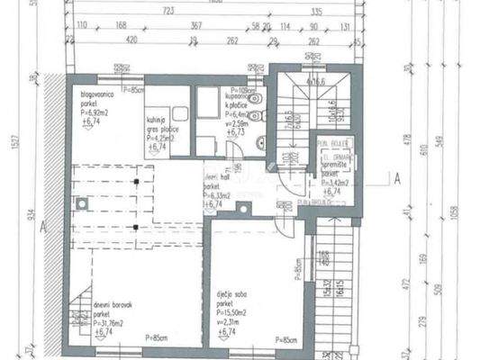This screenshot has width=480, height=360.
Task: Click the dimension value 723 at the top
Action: point(167,12)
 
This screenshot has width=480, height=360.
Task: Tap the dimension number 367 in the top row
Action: point(195,26)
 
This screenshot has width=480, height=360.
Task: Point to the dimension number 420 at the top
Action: point(131,41)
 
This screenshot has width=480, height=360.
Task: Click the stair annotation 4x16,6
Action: point(316,81)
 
